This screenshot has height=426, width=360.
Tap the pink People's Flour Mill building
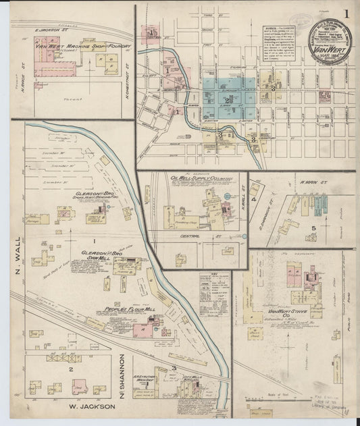pos(144,329)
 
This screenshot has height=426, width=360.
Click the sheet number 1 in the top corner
pos(346,14)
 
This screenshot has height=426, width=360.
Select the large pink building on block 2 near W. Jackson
pos(79,387)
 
